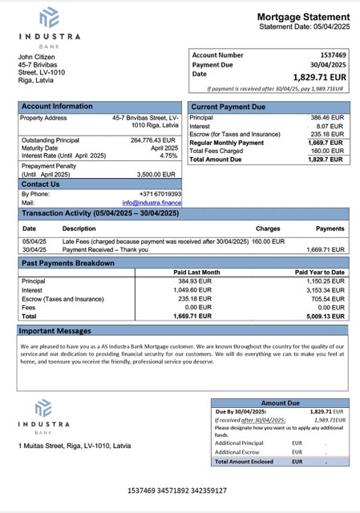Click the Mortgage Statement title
[303, 17]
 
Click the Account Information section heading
[57, 106]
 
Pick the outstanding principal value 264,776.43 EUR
[153, 139]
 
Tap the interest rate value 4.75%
[168, 156]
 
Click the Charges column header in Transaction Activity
[268, 228]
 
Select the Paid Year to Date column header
[320, 273]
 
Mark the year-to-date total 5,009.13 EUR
[327, 316]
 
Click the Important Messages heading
[55, 330]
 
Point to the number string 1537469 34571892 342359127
[177, 490]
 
